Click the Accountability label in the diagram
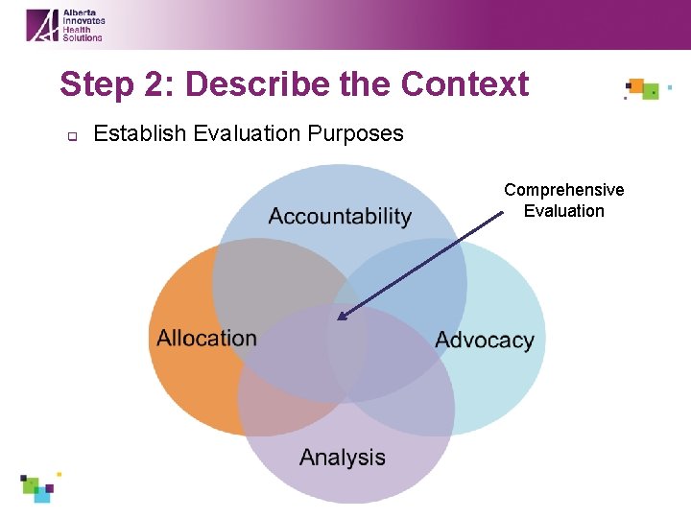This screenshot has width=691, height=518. pyautogui.click(x=340, y=217)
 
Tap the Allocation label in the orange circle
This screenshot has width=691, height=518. pyautogui.click(x=207, y=338)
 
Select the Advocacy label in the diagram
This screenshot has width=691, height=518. pyautogui.click(x=485, y=341)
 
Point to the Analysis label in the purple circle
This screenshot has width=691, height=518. pyautogui.click(x=343, y=458)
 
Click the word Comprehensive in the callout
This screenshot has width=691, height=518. pyautogui.click(x=564, y=190)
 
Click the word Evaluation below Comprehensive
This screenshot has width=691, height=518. pyautogui.click(x=564, y=211)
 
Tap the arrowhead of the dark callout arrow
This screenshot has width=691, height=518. pyautogui.click(x=340, y=317)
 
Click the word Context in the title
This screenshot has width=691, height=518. pyautogui.click(x=465, y=84)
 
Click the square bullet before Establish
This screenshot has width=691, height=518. pyautogui.click(x=70, y=135)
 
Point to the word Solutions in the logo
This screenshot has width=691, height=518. pyautogui.click(x=83, y=36)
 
